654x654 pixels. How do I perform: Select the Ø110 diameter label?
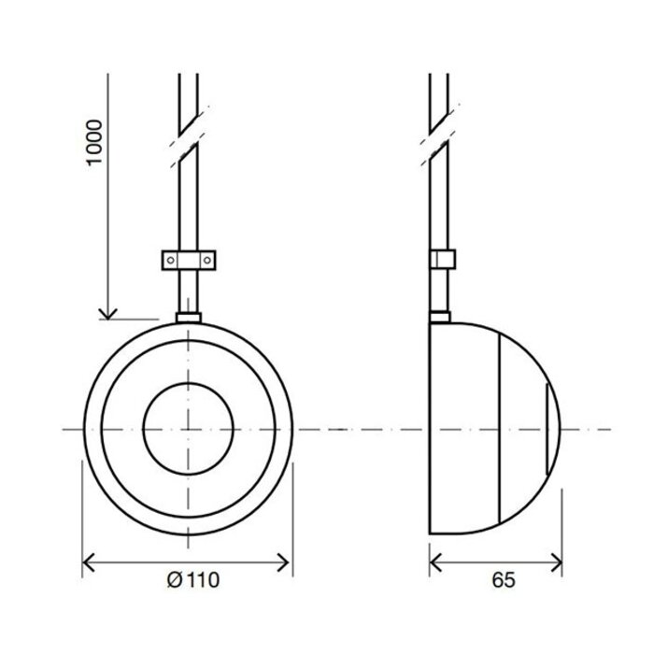[x=193, y=580]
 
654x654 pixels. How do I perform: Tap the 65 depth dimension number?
[x=502, y=580]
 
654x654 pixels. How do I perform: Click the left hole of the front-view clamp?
[x=172, y=258]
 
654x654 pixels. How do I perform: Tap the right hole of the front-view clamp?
[x=208, y=258]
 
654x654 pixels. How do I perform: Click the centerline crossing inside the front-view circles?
[x=190, y=429]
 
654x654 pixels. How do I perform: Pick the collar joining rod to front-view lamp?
[x=190, y=318]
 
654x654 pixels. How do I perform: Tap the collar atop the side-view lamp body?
[x=440, y=316]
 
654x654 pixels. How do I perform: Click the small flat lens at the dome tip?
[x=547, y=429]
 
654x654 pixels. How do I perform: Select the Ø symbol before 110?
[x=173, y=580]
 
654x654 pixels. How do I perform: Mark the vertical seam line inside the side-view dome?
[x=500, y=429]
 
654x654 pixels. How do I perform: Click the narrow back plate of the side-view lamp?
[x=432, y=429]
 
